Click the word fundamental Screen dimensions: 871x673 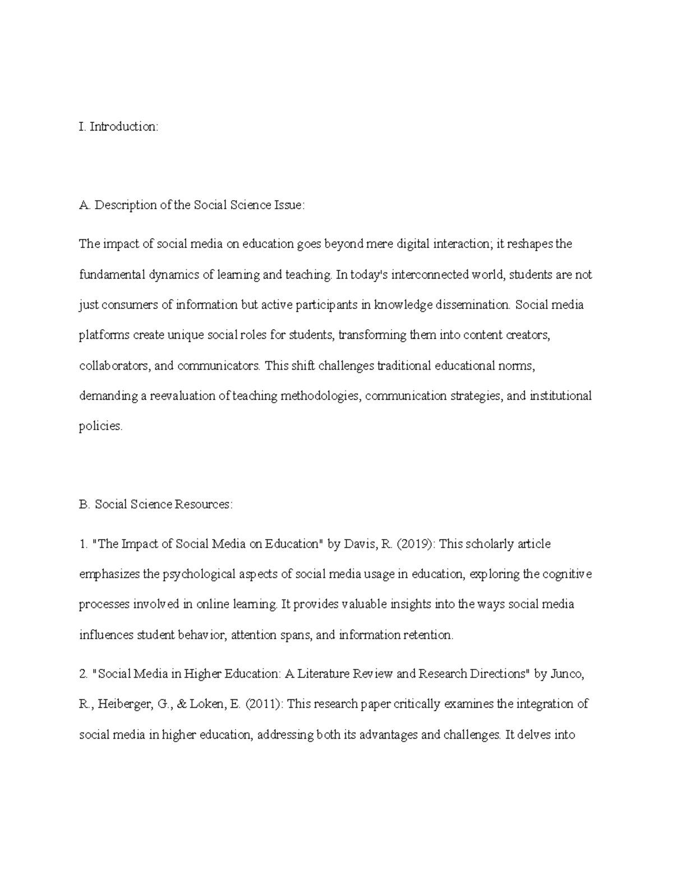click(110, 275)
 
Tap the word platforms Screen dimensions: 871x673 click(103, 335)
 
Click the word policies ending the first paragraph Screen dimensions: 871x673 click(100, 427)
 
